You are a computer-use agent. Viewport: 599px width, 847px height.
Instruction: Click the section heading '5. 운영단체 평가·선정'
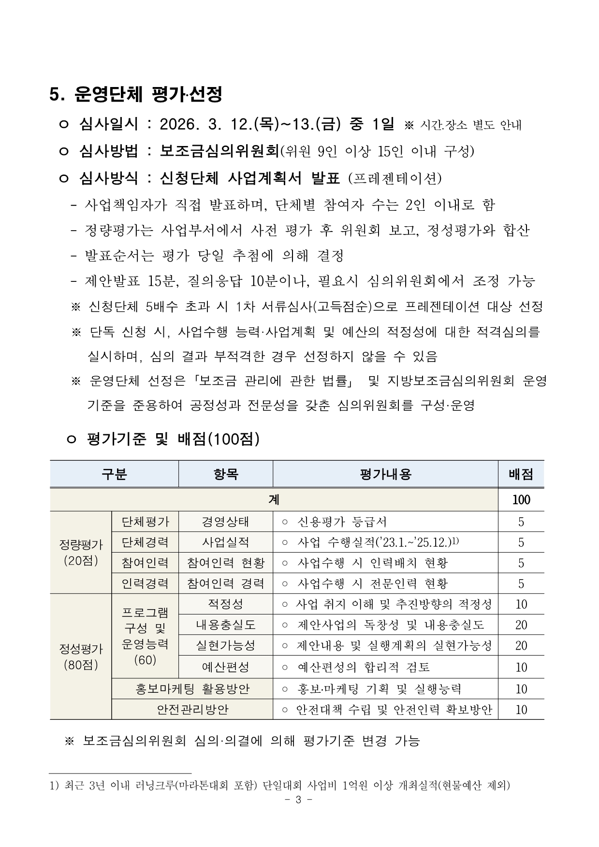(x=136, y=94)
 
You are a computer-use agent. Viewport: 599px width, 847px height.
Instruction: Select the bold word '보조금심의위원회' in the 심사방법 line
(x=220, y=151)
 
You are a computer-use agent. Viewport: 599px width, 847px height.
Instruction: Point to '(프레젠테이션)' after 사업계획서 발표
(x=394, y=178)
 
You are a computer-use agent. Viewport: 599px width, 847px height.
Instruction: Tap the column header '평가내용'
(x=385, y=474)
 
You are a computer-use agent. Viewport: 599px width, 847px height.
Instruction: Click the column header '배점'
(x=521, y=474)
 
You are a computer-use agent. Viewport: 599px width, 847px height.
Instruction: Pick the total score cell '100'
(x=521, y=499)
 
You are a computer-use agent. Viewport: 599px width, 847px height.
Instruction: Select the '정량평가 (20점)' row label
(x=81, y=552)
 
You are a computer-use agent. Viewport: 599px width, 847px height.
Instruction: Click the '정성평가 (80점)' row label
(x=81, y=656)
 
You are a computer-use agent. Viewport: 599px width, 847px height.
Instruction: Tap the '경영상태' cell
(x=225, y=522)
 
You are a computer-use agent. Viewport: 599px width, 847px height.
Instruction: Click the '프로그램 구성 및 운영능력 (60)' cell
(x=145, y=636)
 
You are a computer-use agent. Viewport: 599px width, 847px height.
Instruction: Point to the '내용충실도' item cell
(x=225, y=625)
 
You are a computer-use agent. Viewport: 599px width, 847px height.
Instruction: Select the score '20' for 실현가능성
(x=521, y=645)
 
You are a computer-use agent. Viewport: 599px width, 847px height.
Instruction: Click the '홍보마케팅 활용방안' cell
(x=192, y=688)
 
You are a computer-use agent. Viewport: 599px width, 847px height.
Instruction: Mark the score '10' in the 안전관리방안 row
(x=521, y=709)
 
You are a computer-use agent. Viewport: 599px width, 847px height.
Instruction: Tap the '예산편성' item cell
(x=225, y=667)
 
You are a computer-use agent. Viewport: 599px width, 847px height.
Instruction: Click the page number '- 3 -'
(x=298, y=800)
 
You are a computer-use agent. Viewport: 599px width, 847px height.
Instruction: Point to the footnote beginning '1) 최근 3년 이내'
(x=280, y=786)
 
